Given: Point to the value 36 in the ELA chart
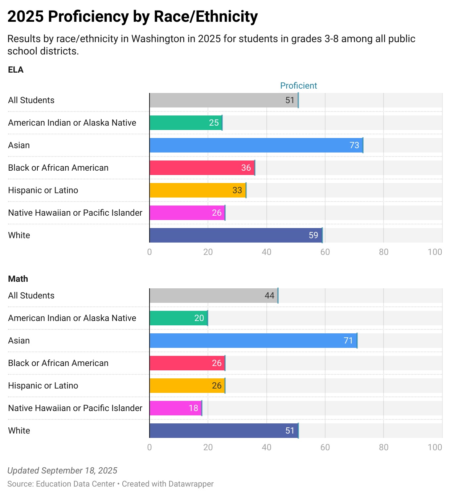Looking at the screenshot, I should click(x=246, y=168).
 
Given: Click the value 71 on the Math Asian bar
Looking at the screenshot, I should click(x=348, y=341).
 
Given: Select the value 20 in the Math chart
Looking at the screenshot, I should click(x=199, y=318).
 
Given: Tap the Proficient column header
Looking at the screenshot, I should click(x=299, y=86).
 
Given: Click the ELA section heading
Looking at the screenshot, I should click(x=16, y=70).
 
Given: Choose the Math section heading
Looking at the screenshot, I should click(x=18, y=279).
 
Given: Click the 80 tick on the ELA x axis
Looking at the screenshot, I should click(x=384, y=252).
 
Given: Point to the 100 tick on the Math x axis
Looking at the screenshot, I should click(x=435, y=447).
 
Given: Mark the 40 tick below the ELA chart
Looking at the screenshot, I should click(x=266, y=252).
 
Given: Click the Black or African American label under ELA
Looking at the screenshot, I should click(x=58, y=168).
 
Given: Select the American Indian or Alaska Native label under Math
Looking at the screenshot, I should click(x=72, y=318).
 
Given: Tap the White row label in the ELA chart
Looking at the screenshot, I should click(x=19, y=235).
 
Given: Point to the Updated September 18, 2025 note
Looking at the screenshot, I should click(x=62, y=471).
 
